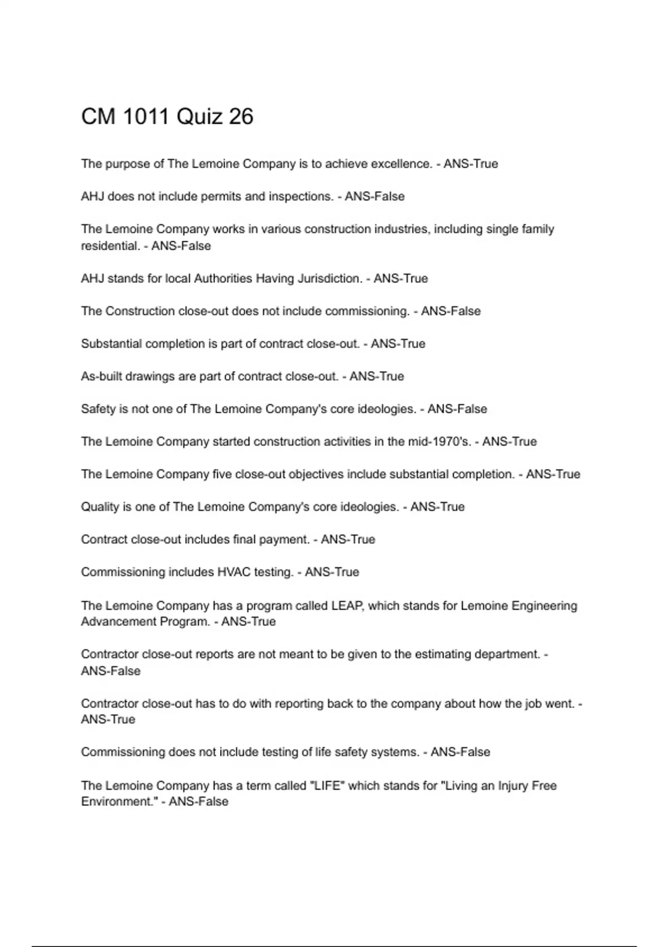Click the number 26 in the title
pos(241,116)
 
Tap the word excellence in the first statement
pos(401,164)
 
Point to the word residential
pos(110,246)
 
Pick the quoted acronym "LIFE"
pos(327,785)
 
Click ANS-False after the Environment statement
pos(198,802)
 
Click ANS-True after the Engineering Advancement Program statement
pos(249,622)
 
